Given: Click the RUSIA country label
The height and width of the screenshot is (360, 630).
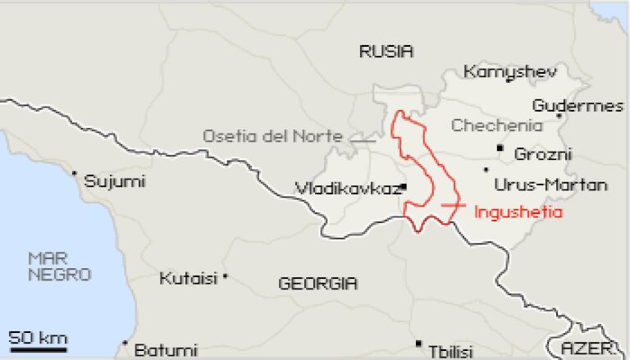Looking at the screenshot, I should pyautogui.click(x=386, y=52).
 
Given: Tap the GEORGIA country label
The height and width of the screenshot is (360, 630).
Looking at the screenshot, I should pyautogui.click(x=317, y=284).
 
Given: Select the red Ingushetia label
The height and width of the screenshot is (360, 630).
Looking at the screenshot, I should pyautogui.click(x=518, y=211).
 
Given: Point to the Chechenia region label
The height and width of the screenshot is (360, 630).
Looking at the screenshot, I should pyautogui.click(x=497, y=125).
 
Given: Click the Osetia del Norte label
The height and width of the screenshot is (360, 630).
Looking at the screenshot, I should pyautogui.click(x=272, y=136).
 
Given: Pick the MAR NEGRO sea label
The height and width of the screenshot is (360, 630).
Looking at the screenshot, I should pyautogui.click(x=59, y=267).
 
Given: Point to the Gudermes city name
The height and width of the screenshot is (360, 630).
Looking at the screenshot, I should pyautogui.click(x=577, y=106).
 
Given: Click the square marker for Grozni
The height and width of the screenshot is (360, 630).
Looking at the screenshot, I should pyautogui.click(x=500, y=148).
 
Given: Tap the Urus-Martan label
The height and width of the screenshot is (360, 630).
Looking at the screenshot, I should pyautogui.click(x=551, y=184).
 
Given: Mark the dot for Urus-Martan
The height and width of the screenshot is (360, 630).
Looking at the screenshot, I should pyautogui.click(x=486, y=170).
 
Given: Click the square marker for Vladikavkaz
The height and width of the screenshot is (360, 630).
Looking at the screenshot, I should pyautogui.click(x=404, y=187).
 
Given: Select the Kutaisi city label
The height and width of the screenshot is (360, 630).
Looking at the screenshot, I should pyautogui.click(x=188, y=278).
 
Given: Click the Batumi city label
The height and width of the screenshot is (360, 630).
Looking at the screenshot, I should pyautogui.click(x=165, y=350).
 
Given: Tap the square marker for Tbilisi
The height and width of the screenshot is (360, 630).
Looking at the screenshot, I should pyautogui.click(x=418, y=343).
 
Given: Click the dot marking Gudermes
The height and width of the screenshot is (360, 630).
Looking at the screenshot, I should pyautogui.click(x=559, y=116).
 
